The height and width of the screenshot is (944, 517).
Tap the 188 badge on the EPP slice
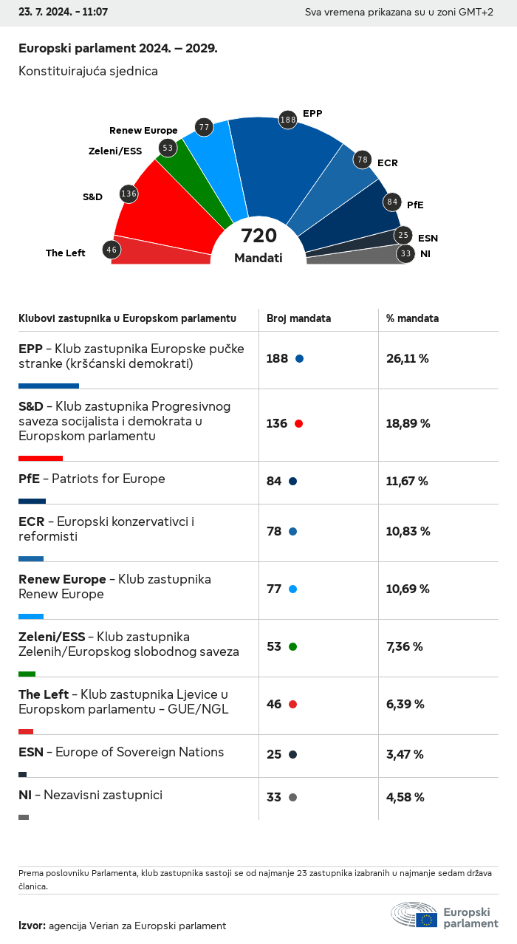(x=288, y=119)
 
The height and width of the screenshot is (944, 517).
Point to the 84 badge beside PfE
(x=392, y=202)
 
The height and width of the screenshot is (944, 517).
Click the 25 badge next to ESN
(x=403, y=236)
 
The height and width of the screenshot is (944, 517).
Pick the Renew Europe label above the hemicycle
(x=143, y=131)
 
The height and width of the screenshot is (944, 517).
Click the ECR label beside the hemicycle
(x=387, y=163)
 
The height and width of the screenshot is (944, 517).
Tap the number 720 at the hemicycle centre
(x=258, y=236)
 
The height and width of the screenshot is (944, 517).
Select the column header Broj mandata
(x=298, y=318)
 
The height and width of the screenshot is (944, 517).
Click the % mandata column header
(x=412, y=318)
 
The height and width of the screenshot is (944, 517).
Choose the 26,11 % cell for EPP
(x=407, y=359)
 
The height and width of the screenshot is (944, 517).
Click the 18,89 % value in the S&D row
(x=408, y=424)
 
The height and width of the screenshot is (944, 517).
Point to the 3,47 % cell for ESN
(x=405, y=755)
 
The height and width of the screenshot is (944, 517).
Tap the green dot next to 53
(x=293, y=647)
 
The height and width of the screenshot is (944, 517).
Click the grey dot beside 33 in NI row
(x=293, y=798)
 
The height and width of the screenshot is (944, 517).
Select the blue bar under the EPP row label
(x=49, y=386)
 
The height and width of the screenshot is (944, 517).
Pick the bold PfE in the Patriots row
(x=29, y=479)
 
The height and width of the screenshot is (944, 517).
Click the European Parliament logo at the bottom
(x=445, y=915)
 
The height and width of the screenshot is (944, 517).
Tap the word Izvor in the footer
(x=32, y=926)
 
